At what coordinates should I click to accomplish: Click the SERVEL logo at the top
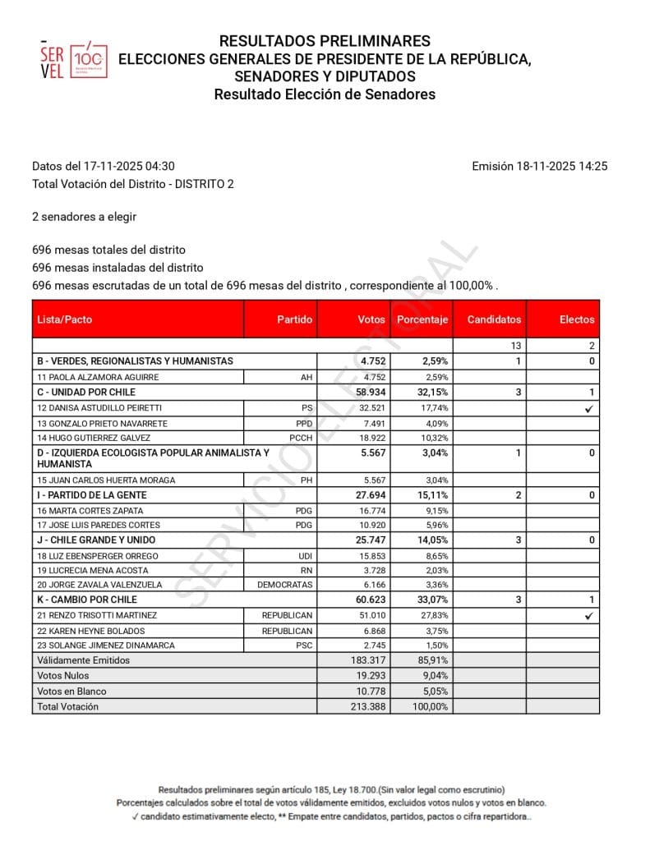(x=73, y=59)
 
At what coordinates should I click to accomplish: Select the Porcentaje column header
(x=422, y=319)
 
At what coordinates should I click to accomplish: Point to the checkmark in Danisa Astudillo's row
(x=588, y=408)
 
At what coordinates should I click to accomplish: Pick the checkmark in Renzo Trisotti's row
(x=588, y=615)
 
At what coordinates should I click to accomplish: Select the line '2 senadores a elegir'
(x=84, y=217)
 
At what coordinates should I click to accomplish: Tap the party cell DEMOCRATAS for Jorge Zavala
(x=284, y=585)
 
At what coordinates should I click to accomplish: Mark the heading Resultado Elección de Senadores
(x=325, y=94)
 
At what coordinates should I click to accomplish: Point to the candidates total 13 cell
(x=515, y=346)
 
